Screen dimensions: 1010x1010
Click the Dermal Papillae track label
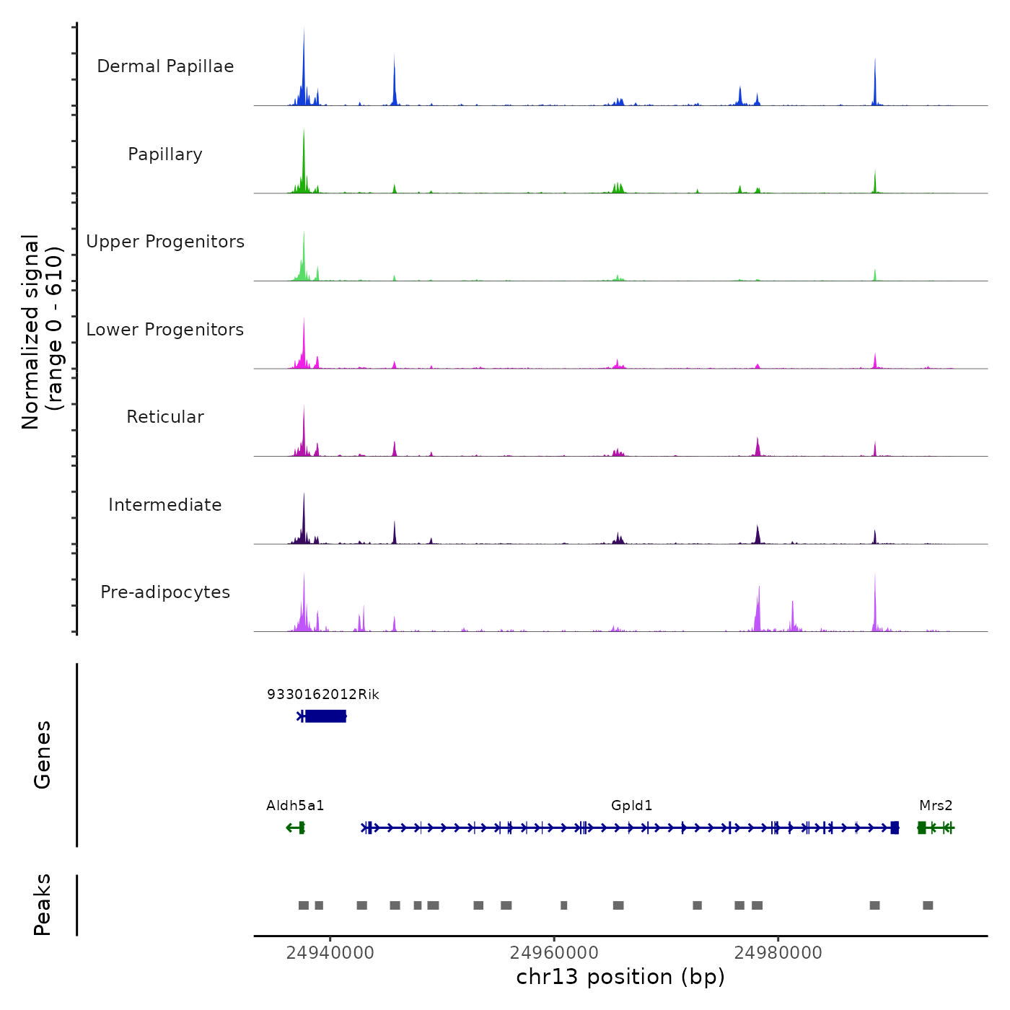(x=165, y=66)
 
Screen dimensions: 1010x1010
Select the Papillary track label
(x=165, y=154)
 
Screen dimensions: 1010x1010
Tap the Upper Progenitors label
(x=165, y=242)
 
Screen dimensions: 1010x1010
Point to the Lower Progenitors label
(x=165, y=330)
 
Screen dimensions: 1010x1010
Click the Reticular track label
(x=165, y=417)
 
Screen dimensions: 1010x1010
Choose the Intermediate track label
(x=165, y=505)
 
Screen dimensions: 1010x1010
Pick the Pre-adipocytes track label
(x=165, y=592)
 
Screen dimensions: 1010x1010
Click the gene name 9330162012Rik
(x=322, y=694)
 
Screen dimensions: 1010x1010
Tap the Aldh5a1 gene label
(x=295, y=805)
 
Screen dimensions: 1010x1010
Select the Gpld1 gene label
(x=631, y=805)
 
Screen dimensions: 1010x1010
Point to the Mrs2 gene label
(x=936, y=805)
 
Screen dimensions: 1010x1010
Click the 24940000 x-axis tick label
(x=330, y=953)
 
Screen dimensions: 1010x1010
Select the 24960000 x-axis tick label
(x=554, y=953)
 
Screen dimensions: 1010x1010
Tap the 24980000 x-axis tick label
(x=778, y=953)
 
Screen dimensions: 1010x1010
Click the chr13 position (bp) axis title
(x=620, y=977)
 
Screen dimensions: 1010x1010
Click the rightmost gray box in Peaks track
(x=928, y=905)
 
